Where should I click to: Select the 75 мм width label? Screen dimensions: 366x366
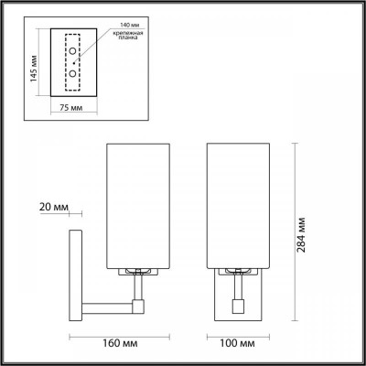pos(70,106)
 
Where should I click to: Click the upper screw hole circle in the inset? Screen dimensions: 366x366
pos(71,53)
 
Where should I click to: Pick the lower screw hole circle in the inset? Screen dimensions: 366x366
pos(71,71)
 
